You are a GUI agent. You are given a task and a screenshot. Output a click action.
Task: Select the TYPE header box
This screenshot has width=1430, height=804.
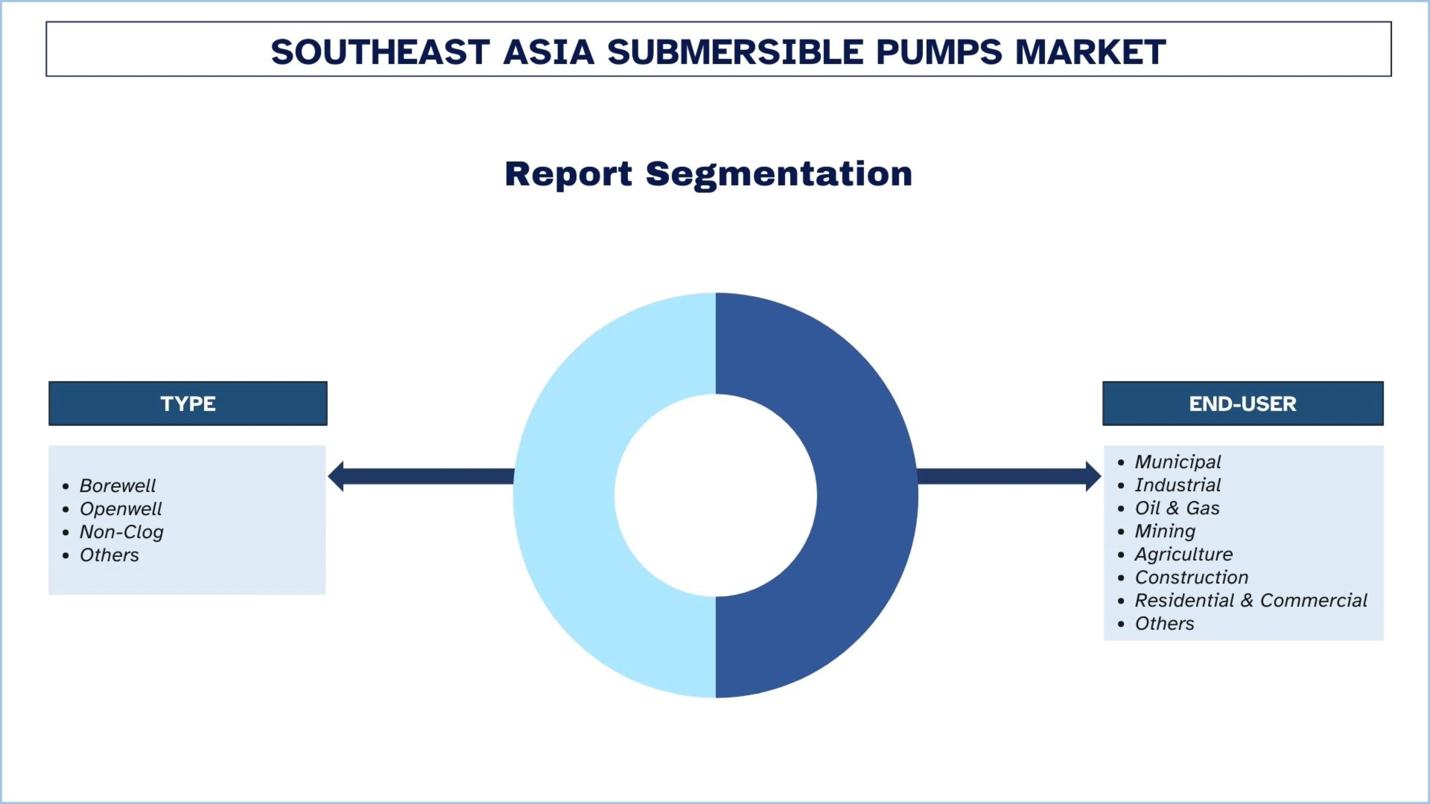pos(188,403)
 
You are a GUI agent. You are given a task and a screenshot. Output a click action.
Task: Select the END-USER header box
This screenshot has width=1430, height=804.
pos(1243,403)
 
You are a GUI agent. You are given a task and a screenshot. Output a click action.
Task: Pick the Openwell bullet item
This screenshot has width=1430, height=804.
pos(120,509)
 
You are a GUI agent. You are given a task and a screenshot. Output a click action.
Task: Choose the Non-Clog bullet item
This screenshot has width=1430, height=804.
pos(122,532)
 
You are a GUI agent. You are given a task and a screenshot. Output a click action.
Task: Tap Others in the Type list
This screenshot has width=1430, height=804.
pos(109,555)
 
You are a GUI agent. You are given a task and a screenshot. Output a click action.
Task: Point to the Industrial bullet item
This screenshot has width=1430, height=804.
pos(1178,485)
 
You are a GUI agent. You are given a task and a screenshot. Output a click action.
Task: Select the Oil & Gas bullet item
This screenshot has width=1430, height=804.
pos(1177,508)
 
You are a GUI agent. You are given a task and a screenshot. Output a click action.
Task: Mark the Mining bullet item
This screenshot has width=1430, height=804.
pos(1165,532)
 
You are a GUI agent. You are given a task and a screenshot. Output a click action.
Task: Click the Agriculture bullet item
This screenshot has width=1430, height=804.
pos(1183,554)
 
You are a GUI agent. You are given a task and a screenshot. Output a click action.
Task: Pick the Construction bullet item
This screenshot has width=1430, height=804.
pos(1191,578)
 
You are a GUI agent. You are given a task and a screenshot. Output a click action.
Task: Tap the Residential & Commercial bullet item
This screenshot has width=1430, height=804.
pos(1251,600)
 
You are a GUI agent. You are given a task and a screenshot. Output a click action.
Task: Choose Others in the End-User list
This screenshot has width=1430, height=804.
pos(1164,624)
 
